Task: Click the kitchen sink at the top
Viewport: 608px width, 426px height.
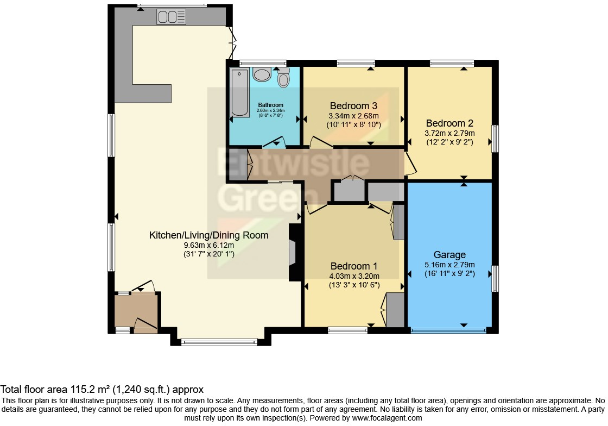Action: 172,17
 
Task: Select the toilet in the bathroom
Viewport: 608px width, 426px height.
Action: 283,79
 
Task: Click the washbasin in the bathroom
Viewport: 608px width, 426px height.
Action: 262,74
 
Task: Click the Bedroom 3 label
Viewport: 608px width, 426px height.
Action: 353,105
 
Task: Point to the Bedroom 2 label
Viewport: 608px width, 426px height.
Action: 449,123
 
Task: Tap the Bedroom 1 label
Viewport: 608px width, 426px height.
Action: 354,266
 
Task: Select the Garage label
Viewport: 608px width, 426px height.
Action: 449,254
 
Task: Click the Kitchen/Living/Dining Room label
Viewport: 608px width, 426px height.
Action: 209,235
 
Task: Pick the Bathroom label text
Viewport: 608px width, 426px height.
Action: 270,105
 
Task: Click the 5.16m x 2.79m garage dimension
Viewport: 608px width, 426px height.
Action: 449,265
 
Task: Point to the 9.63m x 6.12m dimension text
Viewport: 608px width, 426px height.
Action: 209,245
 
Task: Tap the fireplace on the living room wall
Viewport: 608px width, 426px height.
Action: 293,253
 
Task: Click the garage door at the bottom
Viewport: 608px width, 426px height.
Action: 448,330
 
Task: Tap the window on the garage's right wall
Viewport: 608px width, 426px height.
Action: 495,279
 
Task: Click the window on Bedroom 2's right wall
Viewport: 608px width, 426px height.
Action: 495,139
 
